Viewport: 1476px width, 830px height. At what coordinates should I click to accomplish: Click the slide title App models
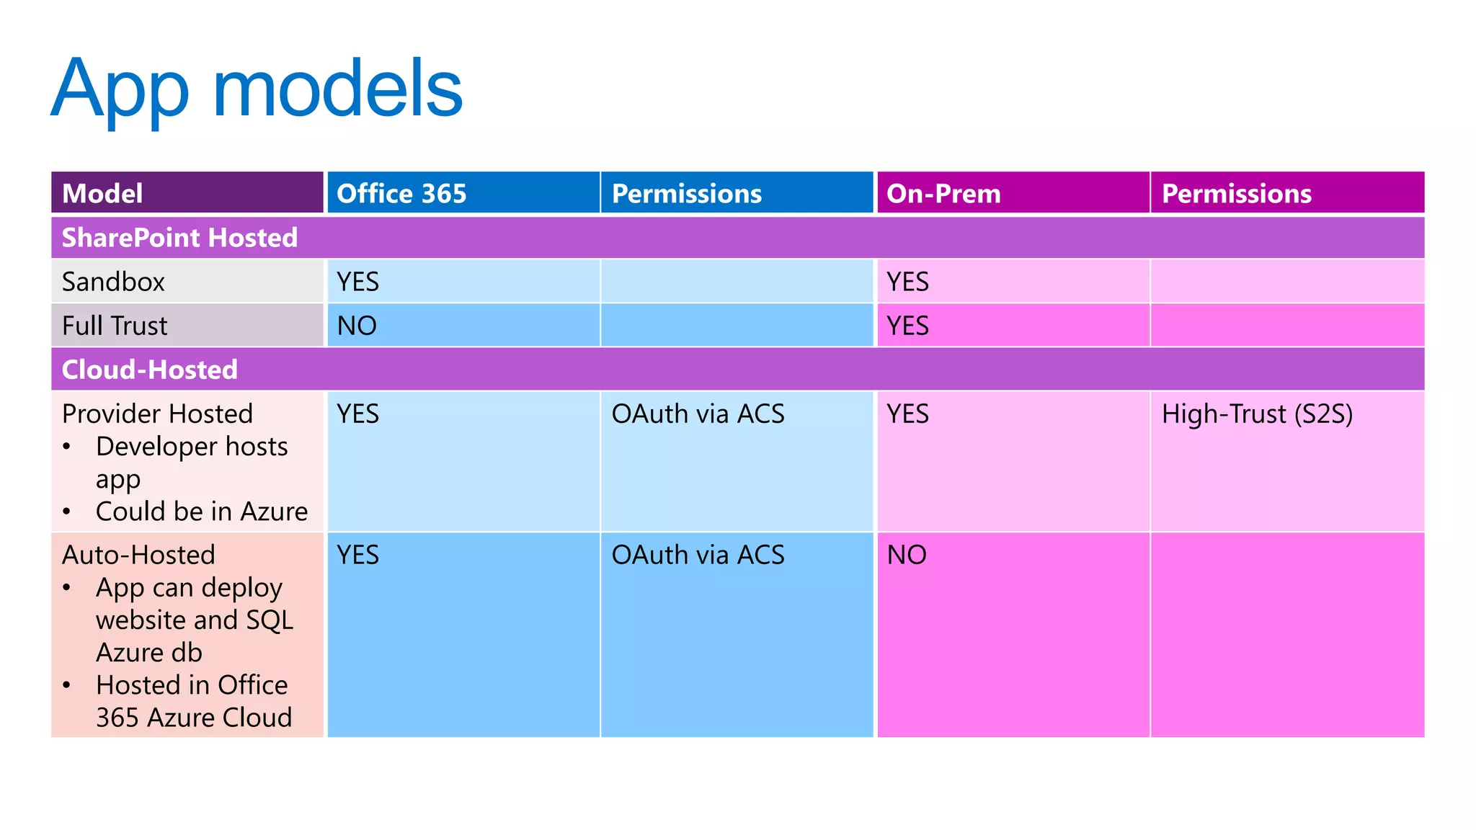[257, 90]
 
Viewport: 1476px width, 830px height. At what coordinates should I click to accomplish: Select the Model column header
[102, 194]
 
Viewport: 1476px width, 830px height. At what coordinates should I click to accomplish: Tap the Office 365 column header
[401, 194]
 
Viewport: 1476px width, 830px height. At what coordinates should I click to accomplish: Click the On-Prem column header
[943, 194]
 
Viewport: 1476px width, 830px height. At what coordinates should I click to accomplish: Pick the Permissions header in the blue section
[686, 194]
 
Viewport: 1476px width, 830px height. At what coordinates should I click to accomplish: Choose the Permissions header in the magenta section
[1236, 194]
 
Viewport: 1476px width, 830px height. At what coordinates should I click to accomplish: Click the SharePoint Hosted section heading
[179, 238]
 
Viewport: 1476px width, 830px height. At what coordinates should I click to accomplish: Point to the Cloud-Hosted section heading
[149, 370]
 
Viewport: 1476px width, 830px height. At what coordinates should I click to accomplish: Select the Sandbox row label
[113, 282]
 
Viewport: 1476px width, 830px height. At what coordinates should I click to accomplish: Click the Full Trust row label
[115, 326]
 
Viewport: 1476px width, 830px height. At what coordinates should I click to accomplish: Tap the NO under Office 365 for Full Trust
[357, 326]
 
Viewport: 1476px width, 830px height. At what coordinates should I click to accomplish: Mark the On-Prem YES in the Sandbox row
[907, 282]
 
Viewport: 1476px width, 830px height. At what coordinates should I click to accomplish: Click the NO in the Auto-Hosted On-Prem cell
[907, 555]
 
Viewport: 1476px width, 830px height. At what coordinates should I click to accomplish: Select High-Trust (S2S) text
[1257, 414]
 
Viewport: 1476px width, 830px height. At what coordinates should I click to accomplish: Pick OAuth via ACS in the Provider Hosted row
[698, 414]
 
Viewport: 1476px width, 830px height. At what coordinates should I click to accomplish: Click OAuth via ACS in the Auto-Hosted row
[698, 555]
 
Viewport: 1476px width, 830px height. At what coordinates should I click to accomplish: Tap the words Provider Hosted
[157, 414]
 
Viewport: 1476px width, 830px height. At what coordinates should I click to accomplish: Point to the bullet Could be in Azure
[201, 512]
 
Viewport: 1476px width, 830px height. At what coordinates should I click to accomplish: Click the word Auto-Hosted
[138, 555]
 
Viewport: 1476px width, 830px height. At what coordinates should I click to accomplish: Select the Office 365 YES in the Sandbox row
[357, 282]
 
